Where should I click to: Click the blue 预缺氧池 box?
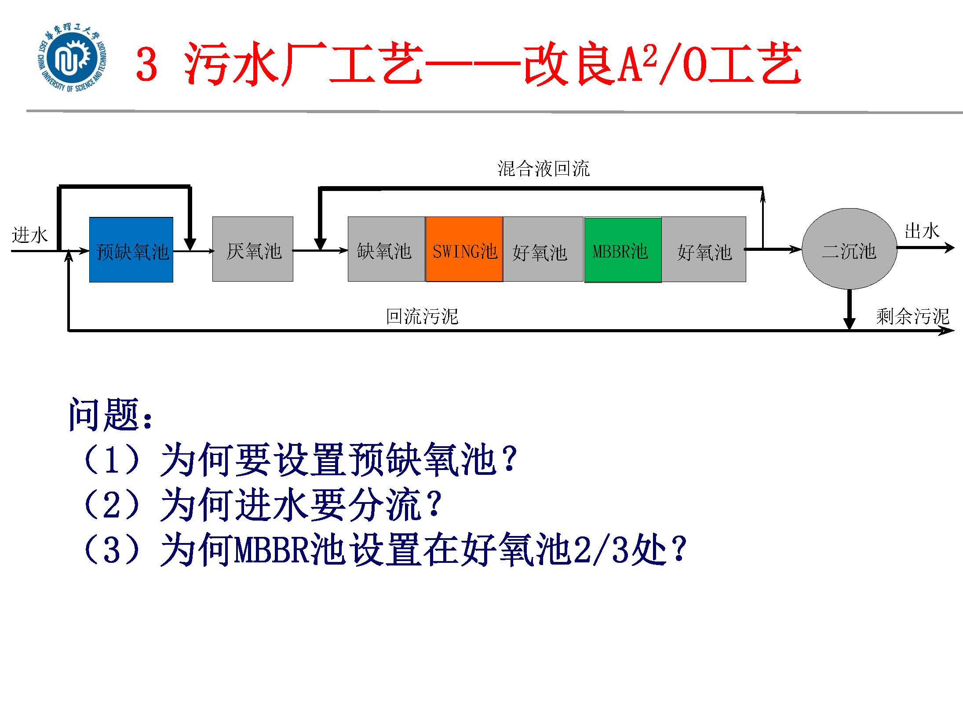click(131, 250)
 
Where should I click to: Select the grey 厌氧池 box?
click(253, 249)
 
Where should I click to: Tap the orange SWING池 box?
click(464, 249)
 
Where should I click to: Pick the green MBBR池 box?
click(623, 250)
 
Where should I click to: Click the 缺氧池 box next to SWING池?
click(387, 249)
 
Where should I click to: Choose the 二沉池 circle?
click(849, 249)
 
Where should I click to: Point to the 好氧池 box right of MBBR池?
click(704, 249)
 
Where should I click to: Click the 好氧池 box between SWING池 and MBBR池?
click(543, 249)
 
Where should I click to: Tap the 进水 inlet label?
click(29, 235)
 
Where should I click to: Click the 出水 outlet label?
click(922, 231)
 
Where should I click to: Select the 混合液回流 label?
click(544, 169)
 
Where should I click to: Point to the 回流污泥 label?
click(422, 316)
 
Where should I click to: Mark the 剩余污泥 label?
click(912, 316)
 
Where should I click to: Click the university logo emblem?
click(73, 61)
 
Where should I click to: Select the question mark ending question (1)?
click(509, 459)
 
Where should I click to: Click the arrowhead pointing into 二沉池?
click(796, 250)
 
